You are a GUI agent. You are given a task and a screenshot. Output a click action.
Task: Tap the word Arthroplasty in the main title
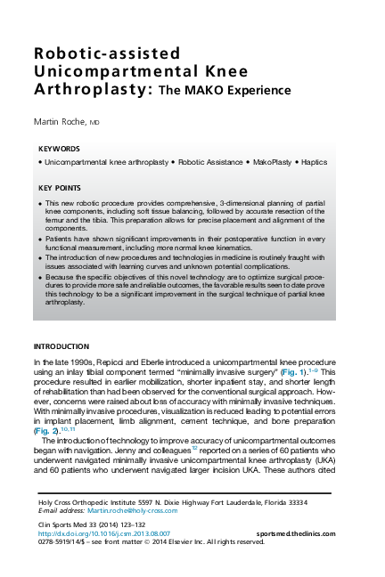[x=87, y=91]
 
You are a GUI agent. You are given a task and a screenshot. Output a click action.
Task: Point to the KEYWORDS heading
[x=60, y=149]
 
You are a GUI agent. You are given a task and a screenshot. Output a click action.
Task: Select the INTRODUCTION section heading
[x=61, y=345]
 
